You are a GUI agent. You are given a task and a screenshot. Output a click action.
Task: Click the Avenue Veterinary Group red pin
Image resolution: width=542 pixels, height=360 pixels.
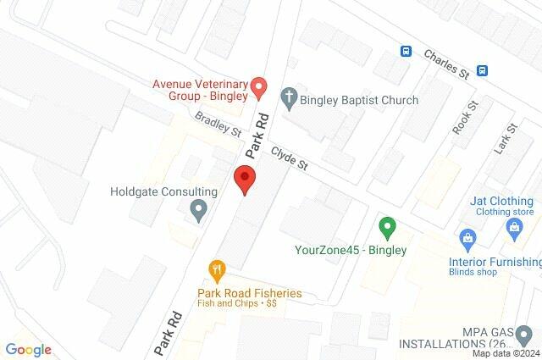point(260,86)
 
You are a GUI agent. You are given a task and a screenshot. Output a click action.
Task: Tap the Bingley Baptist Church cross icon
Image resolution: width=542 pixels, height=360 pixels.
point(288,100)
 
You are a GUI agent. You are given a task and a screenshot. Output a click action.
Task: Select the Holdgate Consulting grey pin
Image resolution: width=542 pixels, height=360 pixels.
point(199,208)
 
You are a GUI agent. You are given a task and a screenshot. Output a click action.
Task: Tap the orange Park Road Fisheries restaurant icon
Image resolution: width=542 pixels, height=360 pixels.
point(217,271)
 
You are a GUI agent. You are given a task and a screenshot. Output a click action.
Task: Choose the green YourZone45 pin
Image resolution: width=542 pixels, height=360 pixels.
point(387,228)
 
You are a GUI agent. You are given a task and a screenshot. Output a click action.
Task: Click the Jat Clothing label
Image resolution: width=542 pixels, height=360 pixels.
point(502,202)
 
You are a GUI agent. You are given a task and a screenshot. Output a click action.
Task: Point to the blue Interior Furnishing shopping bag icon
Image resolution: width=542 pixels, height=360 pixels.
point(465,237)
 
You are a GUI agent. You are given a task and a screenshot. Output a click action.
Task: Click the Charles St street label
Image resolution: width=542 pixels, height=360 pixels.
point(446,61)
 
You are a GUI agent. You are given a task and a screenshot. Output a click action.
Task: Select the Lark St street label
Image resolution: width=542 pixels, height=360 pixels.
point(509,138)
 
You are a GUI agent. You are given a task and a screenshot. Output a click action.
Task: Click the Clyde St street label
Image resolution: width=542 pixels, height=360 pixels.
point(289,161)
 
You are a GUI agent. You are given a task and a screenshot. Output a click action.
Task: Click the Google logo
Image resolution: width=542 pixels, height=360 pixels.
point(28,349)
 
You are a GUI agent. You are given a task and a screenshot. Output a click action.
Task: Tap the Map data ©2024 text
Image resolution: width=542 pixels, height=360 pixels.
point(506,353)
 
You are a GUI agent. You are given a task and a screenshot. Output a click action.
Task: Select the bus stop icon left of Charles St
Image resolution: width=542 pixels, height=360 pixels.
point(406,51)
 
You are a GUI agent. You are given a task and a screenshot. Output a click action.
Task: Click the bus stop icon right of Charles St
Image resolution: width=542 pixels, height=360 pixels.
point(483,70)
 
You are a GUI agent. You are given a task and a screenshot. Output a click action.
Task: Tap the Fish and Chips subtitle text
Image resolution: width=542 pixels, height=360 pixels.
point(238,302)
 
